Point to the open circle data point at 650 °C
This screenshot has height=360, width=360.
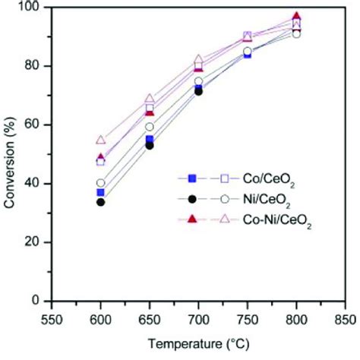click(150, 127)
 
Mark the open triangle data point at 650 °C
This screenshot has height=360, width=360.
click(150, 99)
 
